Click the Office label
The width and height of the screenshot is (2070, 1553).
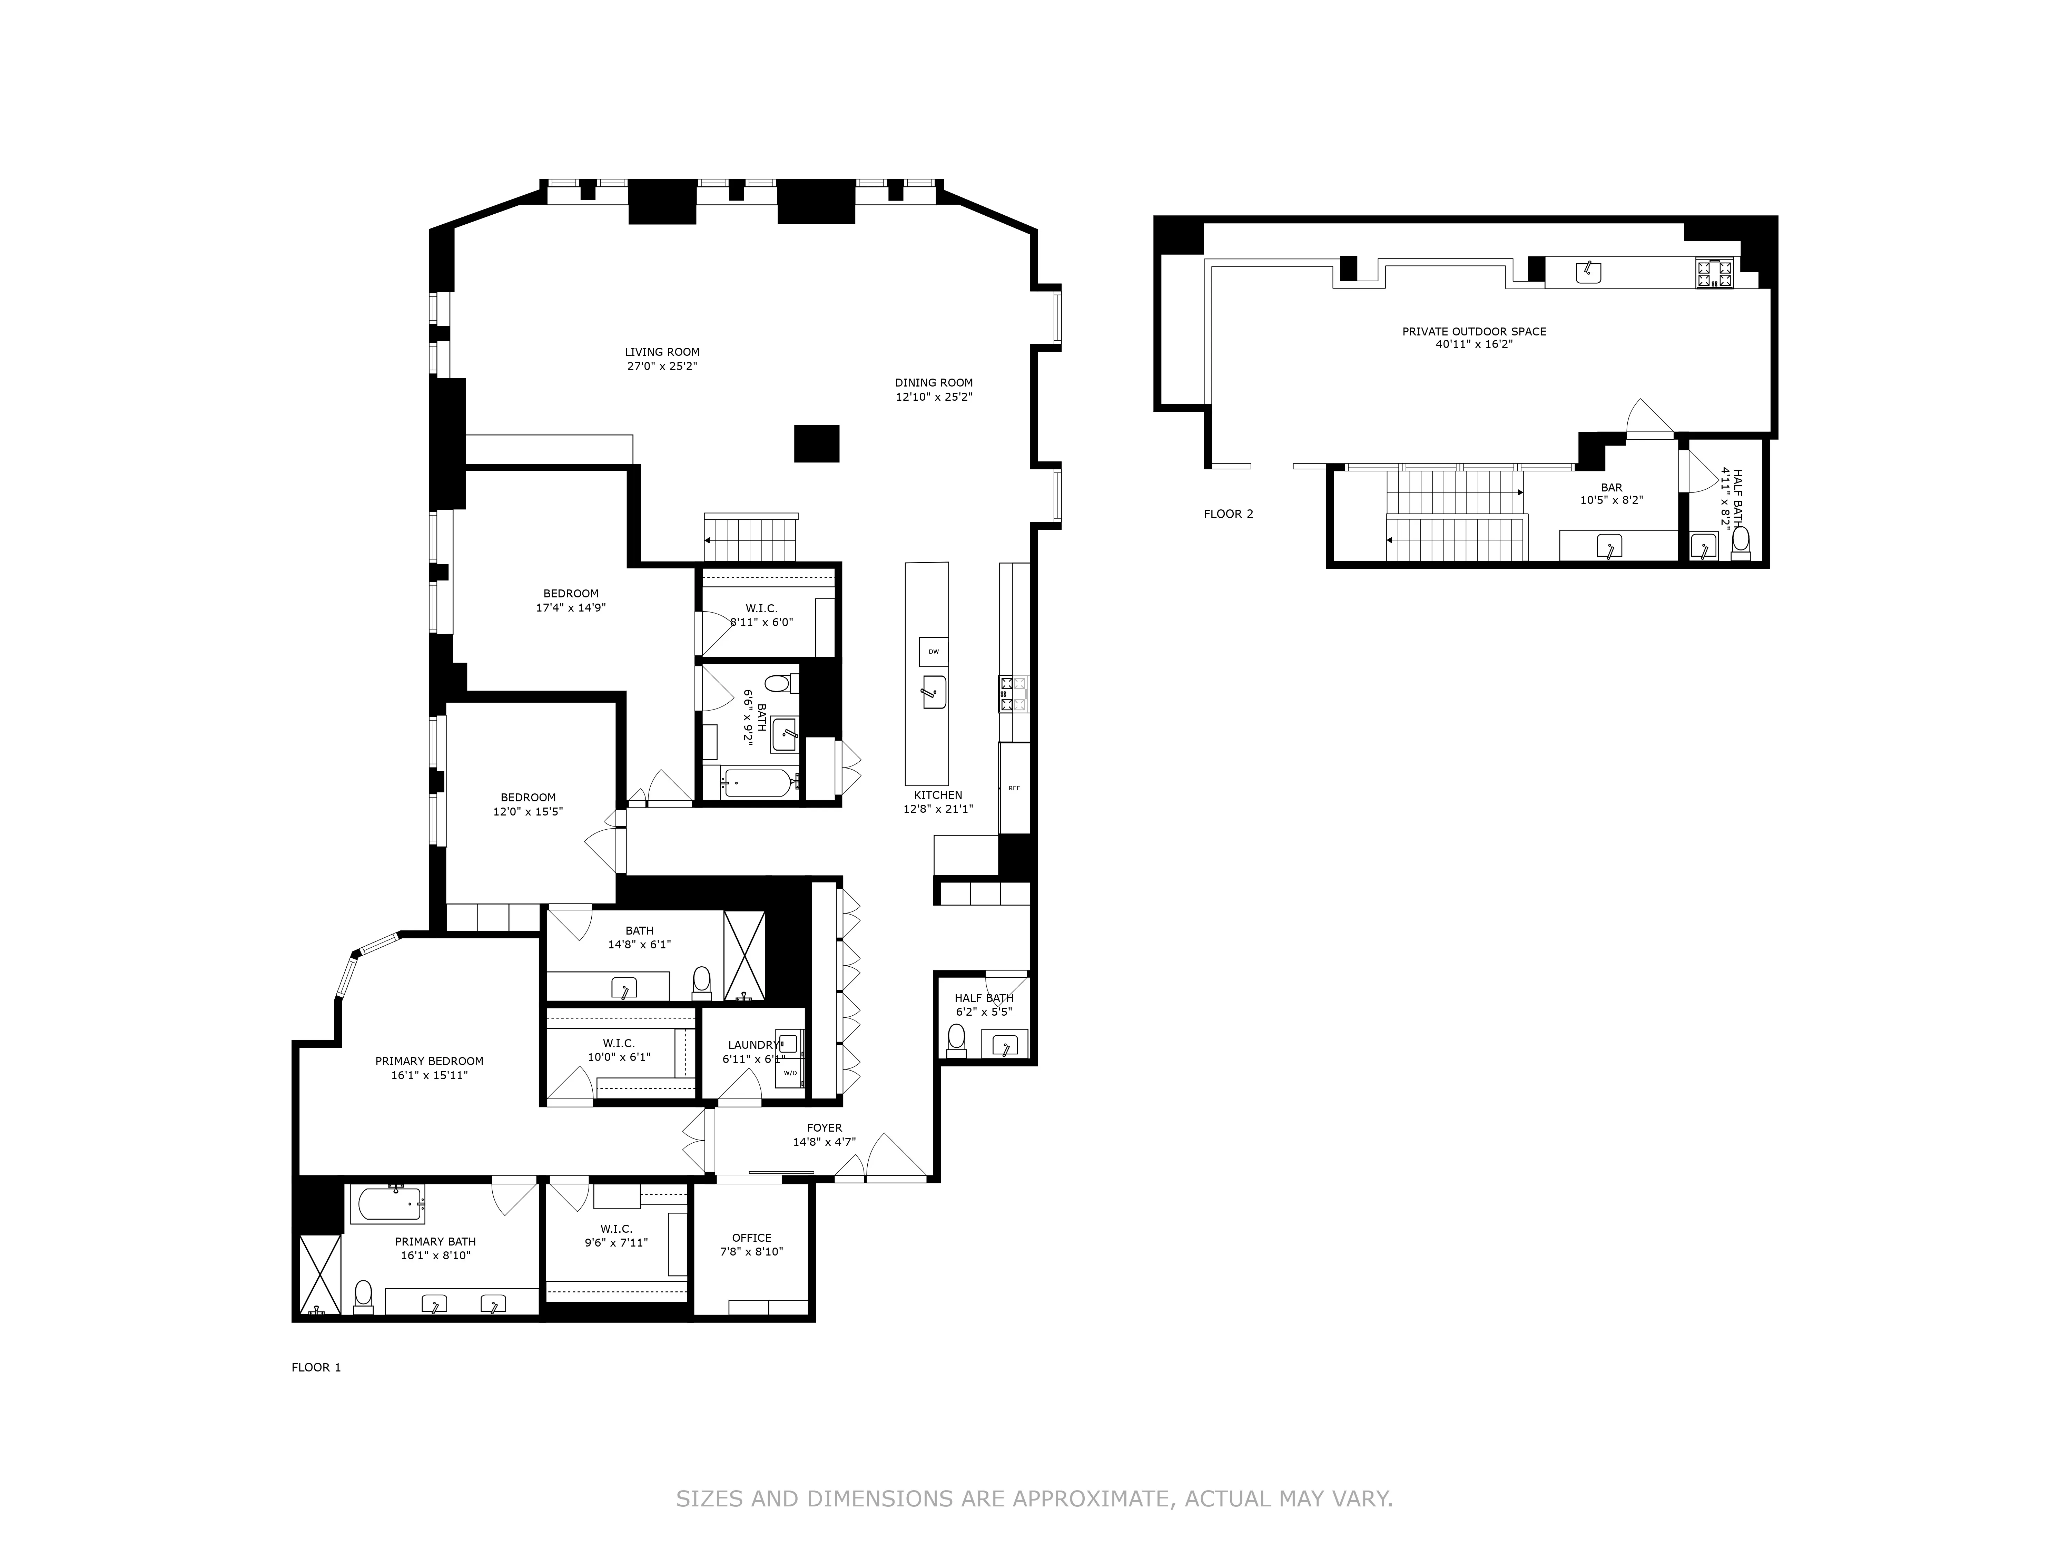(x=751, y=1238)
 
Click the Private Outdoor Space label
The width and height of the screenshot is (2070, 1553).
(x=1474, y=331)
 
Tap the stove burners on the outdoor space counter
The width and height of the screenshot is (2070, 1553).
(x=1714, y=273)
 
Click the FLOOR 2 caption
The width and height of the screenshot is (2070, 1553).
(x=1228, y=514)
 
